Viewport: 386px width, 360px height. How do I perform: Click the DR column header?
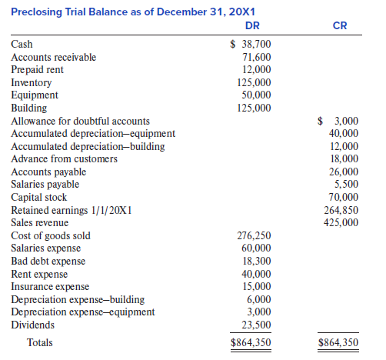252,25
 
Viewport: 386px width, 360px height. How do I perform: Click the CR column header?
340,25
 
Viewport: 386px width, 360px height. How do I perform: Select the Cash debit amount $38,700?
251,44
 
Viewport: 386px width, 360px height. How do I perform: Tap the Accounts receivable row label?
53,57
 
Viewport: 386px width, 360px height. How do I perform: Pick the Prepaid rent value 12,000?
257,69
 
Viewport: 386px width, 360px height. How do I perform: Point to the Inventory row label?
31,83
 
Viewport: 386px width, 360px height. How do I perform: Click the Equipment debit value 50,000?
256,95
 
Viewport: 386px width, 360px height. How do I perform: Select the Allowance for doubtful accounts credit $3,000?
338,121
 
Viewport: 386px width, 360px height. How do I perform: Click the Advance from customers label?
64,158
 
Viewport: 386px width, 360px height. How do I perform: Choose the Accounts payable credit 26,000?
344,172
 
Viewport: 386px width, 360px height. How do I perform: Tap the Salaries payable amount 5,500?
346,184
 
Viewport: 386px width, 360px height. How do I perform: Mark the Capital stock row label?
38,197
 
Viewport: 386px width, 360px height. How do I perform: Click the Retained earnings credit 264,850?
341,210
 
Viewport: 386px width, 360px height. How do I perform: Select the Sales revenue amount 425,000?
341,222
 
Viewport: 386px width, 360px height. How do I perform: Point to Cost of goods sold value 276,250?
254,235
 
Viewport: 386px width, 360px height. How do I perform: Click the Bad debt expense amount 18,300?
257,261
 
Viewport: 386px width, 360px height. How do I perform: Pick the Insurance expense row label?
50,286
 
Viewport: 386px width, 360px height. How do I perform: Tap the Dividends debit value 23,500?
256,325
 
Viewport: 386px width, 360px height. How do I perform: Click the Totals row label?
40,342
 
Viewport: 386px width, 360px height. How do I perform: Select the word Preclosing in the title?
36,12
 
